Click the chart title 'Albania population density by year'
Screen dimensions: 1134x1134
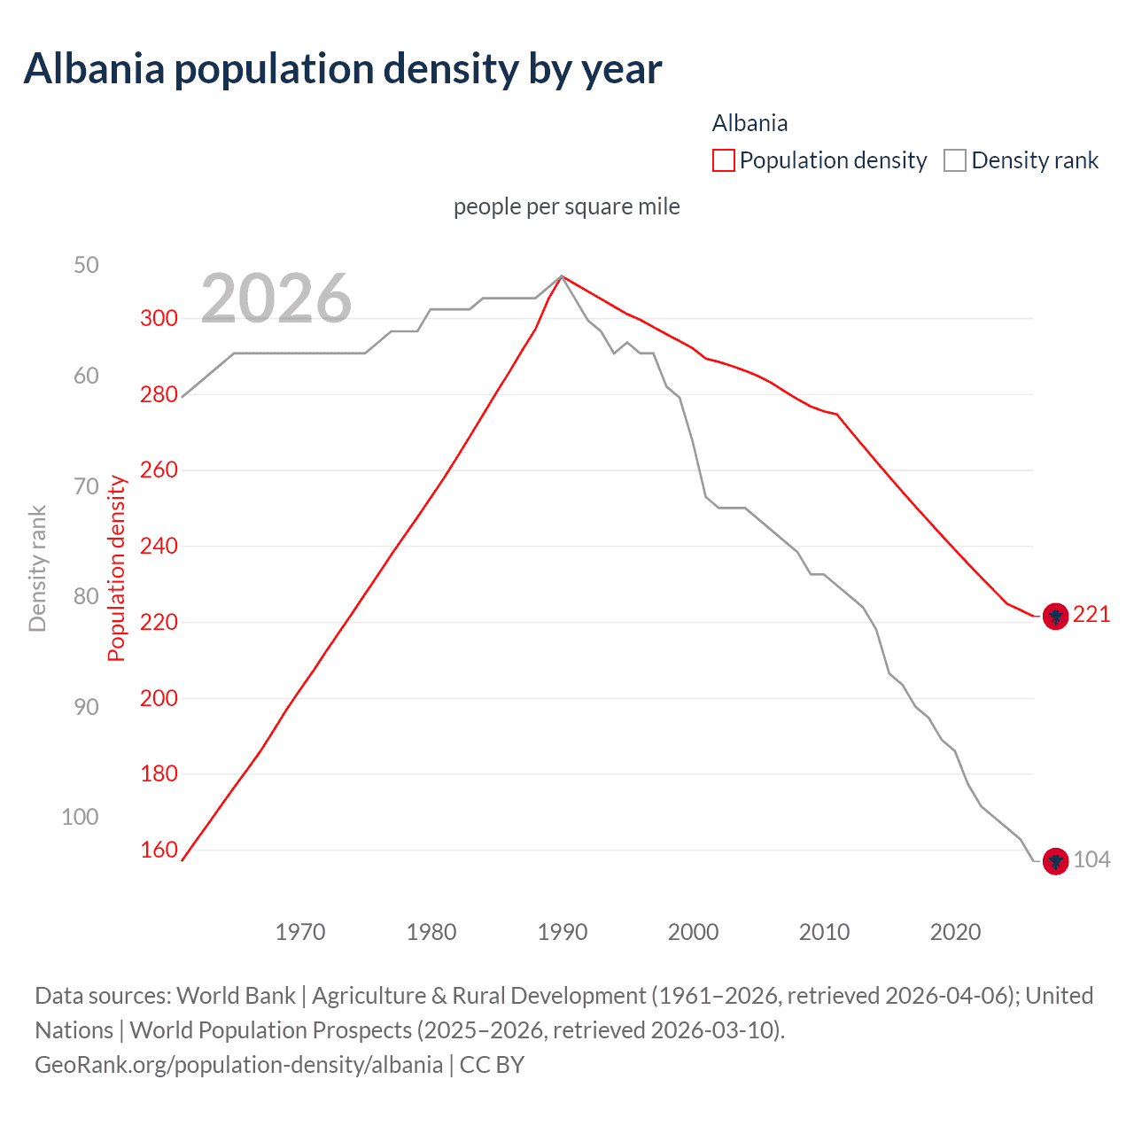point(342,69)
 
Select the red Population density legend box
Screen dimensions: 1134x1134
point(723,160)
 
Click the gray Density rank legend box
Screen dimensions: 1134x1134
point(954,160)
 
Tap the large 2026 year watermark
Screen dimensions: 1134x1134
point(276,299)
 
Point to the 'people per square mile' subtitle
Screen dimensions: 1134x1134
point(566,206)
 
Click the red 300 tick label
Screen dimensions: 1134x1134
point(159,318)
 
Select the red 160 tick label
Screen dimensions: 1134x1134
point(159,850)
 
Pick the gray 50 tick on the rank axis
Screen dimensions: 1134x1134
point(86,265)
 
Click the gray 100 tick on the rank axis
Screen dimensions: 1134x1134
point(80,817)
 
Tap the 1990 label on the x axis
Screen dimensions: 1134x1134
point(562,932)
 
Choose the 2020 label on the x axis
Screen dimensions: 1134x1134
point(955,932)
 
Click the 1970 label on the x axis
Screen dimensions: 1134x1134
point(300,932)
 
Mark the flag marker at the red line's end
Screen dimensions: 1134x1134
point(1054,616)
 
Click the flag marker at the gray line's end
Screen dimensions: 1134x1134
point(1054,860)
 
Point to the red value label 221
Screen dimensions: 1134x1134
point(1091,615)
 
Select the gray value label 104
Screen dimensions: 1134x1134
point(1091,859)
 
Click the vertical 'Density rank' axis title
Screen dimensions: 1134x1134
point(37,568)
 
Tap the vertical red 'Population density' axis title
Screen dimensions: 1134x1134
point(117,568)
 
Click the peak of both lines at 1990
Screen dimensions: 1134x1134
point(562,276)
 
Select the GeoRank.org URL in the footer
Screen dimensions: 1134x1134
point(238,1064)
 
